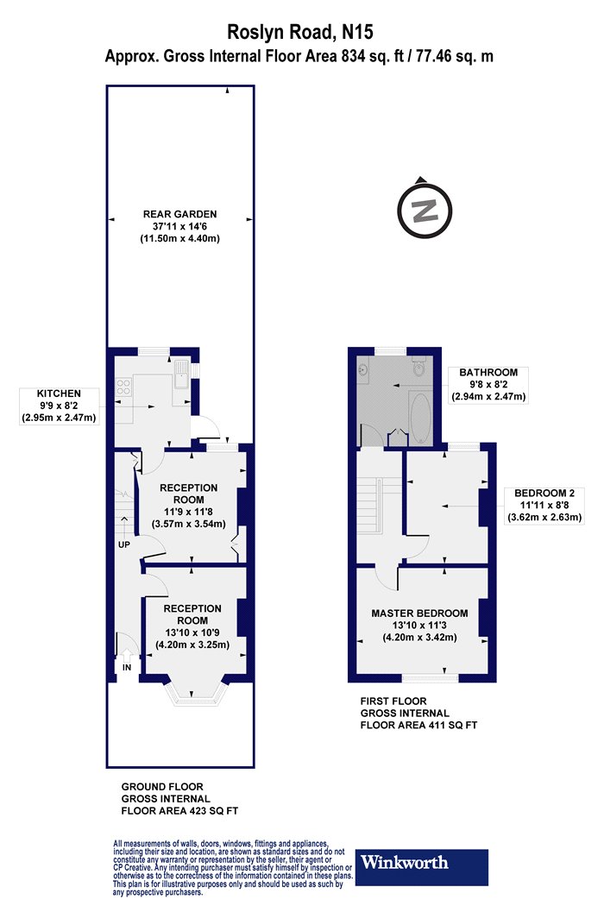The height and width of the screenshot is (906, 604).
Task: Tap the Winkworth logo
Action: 421,866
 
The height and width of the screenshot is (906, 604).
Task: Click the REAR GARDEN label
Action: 179,214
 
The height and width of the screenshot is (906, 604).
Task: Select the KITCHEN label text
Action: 59,393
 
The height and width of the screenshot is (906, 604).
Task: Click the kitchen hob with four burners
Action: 123,386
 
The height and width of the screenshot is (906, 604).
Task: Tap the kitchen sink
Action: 180,374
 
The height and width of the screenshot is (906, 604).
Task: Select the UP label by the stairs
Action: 124,544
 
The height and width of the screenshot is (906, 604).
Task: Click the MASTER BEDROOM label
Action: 419,613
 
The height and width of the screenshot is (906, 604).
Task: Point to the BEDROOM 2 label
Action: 544,493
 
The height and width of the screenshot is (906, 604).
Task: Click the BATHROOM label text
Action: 488,372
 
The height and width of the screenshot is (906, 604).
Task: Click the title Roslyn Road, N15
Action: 300,32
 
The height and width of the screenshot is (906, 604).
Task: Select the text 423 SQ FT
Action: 213,811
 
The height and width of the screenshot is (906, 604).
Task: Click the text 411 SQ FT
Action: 452,725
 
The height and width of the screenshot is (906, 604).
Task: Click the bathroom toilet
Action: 418,366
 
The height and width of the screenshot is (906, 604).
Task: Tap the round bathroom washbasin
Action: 363,368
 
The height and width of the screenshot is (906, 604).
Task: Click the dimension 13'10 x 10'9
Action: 192,632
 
